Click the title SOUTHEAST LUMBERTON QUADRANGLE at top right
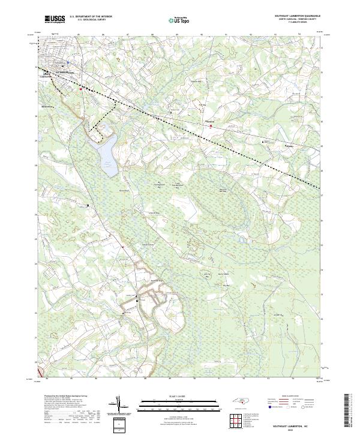pyautogui.click(x=298, y=16)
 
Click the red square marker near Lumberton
pyautogui.click(x=82, y=89)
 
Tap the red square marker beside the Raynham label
pyautogui.click(x=211, y=125)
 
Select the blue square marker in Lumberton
pyautogui.click(x=68, y=62)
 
